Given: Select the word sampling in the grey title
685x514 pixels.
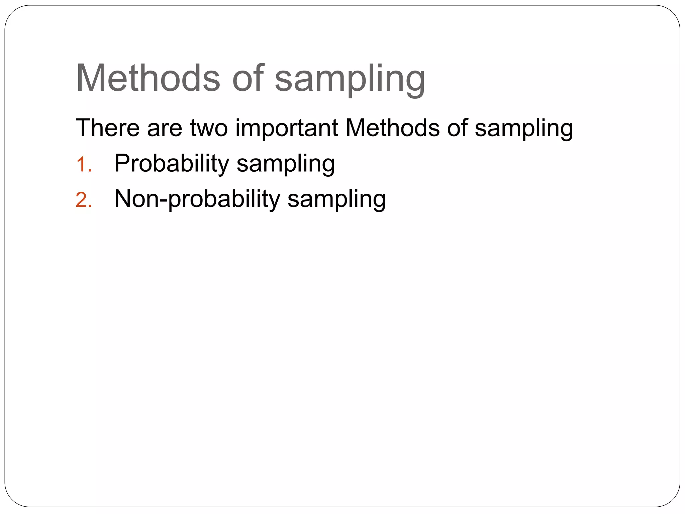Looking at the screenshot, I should [x=350, y=80].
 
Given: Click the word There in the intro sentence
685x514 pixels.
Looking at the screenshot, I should [x=107, y=128].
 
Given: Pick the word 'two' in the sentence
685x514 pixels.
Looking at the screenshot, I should [x=209, y=128].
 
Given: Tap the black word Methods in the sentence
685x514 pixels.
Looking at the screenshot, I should [x=392, y=128].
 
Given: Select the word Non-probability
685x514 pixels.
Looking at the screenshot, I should [x=197, y=199].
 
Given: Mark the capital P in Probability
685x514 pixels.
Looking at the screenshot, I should [x=122, y=163].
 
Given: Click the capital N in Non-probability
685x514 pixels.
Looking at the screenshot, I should [x=123, y=199].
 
